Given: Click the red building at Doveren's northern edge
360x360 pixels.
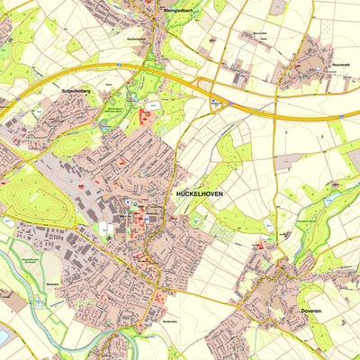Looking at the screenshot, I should tap(261, 244).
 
